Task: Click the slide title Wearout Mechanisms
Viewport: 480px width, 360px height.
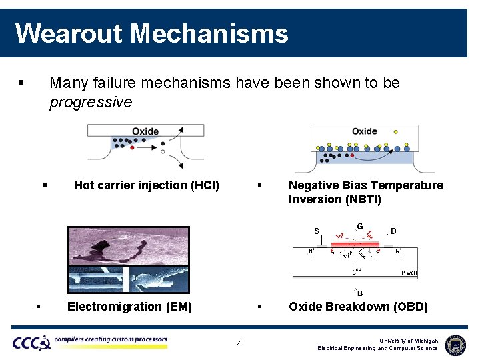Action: (151, 33)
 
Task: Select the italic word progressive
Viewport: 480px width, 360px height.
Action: (91, 102)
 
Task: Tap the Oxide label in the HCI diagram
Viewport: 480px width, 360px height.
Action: (145, 131)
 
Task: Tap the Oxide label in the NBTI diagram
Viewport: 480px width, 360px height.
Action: (364, 131)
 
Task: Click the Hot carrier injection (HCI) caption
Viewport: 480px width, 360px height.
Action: (146, 185)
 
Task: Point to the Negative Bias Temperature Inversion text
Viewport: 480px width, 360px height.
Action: (365, 192)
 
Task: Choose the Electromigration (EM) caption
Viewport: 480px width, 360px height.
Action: (129, 307)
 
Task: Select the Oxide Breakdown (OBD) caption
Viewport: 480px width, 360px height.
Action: (358, 307)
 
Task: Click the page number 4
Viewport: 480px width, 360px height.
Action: (240, 344)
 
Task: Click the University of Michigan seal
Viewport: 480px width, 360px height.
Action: (455, 345)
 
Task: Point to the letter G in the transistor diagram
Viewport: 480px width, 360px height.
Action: (360, 227)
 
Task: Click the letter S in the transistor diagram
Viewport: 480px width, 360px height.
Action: (317, 231)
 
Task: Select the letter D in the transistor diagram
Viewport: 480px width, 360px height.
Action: (393, 231)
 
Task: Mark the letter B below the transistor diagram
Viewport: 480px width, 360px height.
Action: (360, 293)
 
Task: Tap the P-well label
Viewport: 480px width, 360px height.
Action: (409, 273)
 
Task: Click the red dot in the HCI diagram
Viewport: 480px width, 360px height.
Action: (132, 147)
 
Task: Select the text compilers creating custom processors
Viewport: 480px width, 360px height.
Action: (111, 339)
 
